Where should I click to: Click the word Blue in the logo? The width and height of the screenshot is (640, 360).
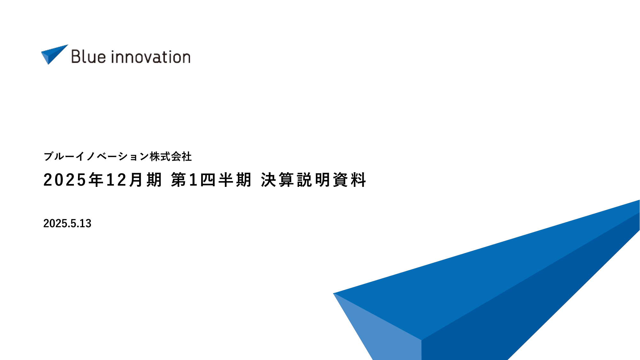click(88, 57)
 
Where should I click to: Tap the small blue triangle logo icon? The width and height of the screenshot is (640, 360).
click(54, 54)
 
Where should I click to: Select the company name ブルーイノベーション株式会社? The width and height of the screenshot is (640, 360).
click(117, 156)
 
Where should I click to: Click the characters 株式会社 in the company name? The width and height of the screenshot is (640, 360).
click(170, 156)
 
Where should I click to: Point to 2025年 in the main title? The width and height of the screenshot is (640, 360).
click(73, 180)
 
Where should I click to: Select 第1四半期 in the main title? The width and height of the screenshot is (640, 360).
click(211, 180)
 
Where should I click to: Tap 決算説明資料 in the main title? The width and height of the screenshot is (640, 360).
click(313, 180)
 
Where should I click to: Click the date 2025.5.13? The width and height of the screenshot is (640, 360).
click(67, 223)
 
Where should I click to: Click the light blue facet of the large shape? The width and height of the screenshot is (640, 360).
click(384, 330)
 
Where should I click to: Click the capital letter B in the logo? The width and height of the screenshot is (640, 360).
click(75, 57)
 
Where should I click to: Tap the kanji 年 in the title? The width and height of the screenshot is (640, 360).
click(96, 180)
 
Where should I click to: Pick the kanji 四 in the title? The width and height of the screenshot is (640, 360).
click(208, 180)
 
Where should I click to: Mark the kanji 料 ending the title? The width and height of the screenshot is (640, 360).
click(359, 180)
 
